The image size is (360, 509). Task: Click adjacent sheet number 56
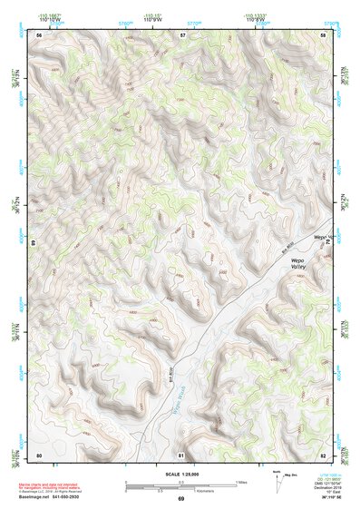coord(40,34)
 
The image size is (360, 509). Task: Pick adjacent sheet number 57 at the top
coord(182,34)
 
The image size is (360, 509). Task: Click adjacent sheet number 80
coord(40,454)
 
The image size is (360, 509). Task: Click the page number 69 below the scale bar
coord(180,498)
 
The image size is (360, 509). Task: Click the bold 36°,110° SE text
coord(330,496)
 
